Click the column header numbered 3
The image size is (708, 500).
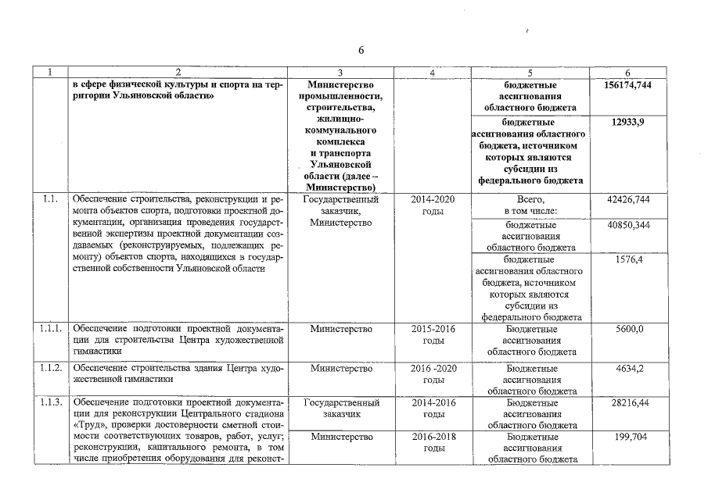[341, 73]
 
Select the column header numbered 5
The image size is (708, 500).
[530, 73]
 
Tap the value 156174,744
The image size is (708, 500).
[628, 84]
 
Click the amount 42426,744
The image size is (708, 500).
[628, 200]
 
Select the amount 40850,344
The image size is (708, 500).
[628, 225]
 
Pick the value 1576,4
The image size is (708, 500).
[628, 260]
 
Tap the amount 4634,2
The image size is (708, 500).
[628, 367]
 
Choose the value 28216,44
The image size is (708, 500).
[628, 404]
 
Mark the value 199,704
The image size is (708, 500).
[628, 437]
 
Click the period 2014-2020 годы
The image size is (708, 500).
[433, 205]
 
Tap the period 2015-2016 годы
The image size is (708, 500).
[433, 335]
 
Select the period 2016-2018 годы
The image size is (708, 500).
[433, 443]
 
